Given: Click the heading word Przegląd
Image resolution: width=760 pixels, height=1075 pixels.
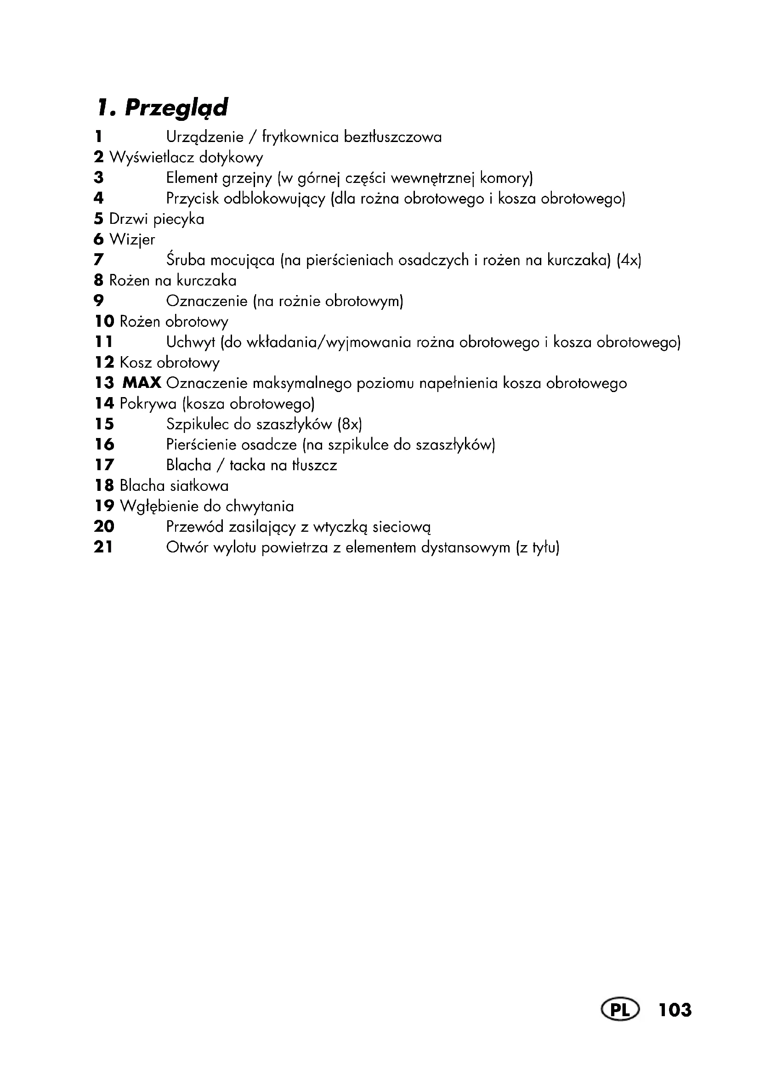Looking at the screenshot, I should (x=176, y=108).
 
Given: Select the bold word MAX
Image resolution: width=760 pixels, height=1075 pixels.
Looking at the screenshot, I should (x=142, y=383).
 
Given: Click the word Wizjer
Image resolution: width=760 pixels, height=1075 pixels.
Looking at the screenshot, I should (x=132, y=240).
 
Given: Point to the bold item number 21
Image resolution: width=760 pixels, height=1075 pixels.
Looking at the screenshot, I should (x=103, y=547).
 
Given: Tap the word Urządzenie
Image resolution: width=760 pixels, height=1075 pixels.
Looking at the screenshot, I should (x=205, y=137).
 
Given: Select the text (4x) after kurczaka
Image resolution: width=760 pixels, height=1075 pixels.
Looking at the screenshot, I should (x=629, y=260).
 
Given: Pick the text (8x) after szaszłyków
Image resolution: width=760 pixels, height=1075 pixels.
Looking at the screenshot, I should (x=350, y=424).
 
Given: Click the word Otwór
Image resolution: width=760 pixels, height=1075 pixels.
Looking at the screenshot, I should (x=187, y=547).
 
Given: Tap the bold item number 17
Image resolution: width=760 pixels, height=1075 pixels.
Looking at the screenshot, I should (x=104, y=465).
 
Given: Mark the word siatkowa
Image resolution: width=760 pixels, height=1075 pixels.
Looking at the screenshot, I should (x=199, y=485).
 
